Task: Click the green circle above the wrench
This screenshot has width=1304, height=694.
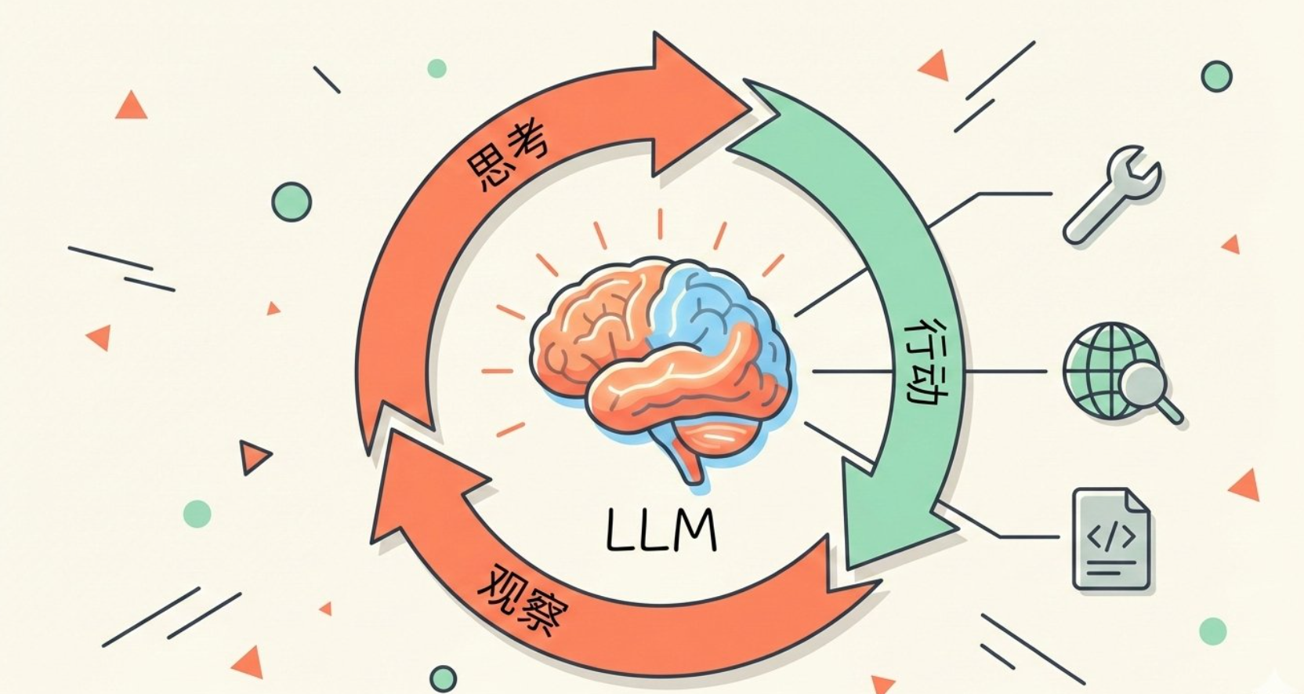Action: (x=1216, y=77)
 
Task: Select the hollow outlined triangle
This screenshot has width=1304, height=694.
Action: (x=253, y=456)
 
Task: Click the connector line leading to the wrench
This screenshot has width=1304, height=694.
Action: (x=995, y=194)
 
